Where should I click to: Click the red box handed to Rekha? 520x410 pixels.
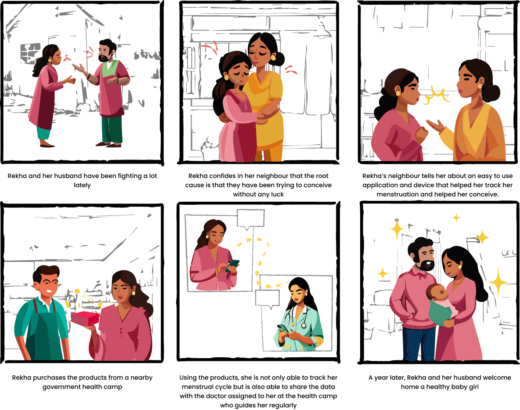click(85, 319)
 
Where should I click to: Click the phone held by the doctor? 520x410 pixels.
click(282, 328)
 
